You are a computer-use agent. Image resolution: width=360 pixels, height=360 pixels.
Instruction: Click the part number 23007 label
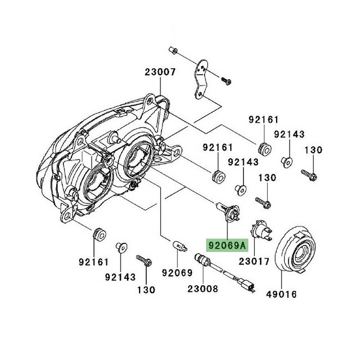click(160, 73)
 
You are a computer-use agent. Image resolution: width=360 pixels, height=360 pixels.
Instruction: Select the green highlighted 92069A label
click(227, 245)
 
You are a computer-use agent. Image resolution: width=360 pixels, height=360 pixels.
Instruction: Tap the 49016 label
click(281, 295)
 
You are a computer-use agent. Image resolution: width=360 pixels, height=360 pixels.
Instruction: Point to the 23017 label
click(254, 261)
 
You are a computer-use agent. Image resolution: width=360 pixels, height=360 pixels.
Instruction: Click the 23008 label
click(203, 289)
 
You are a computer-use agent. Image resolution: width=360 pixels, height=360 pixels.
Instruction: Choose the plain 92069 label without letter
click(177, 273)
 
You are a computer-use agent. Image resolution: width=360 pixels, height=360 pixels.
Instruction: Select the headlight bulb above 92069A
click(228, 211)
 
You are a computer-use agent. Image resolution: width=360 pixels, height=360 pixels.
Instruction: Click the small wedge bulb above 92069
click(180, 246)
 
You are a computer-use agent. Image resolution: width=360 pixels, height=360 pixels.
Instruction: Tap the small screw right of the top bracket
click(226, 81)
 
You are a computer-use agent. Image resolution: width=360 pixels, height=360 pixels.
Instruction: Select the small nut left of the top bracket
click(173, 50)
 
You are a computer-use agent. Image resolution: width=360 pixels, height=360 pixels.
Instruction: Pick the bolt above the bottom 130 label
click(144, 260)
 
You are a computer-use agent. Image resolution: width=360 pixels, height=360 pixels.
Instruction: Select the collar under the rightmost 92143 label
click(287, 162)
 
